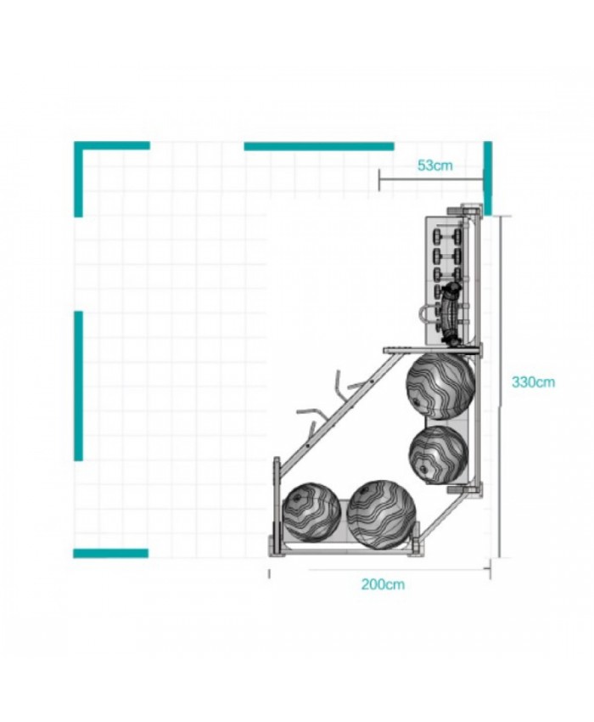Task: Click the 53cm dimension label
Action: (x=434, y=166)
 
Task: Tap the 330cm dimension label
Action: (x=533, y=381)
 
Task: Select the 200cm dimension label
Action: (x=383, y=584)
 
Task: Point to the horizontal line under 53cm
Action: (x=431, y=179)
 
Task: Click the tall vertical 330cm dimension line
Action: (x=500, y=386)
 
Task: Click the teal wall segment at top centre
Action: (x=319, y=146)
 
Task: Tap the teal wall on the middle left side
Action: (x=79, y=386)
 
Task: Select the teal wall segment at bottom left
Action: (x=110, y=553)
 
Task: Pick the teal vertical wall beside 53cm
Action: (x=488, y=178)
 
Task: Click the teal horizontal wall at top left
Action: (x=112, y=145)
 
